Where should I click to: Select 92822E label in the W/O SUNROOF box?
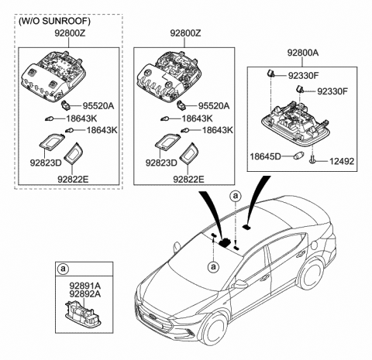click(x=73, y=178)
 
